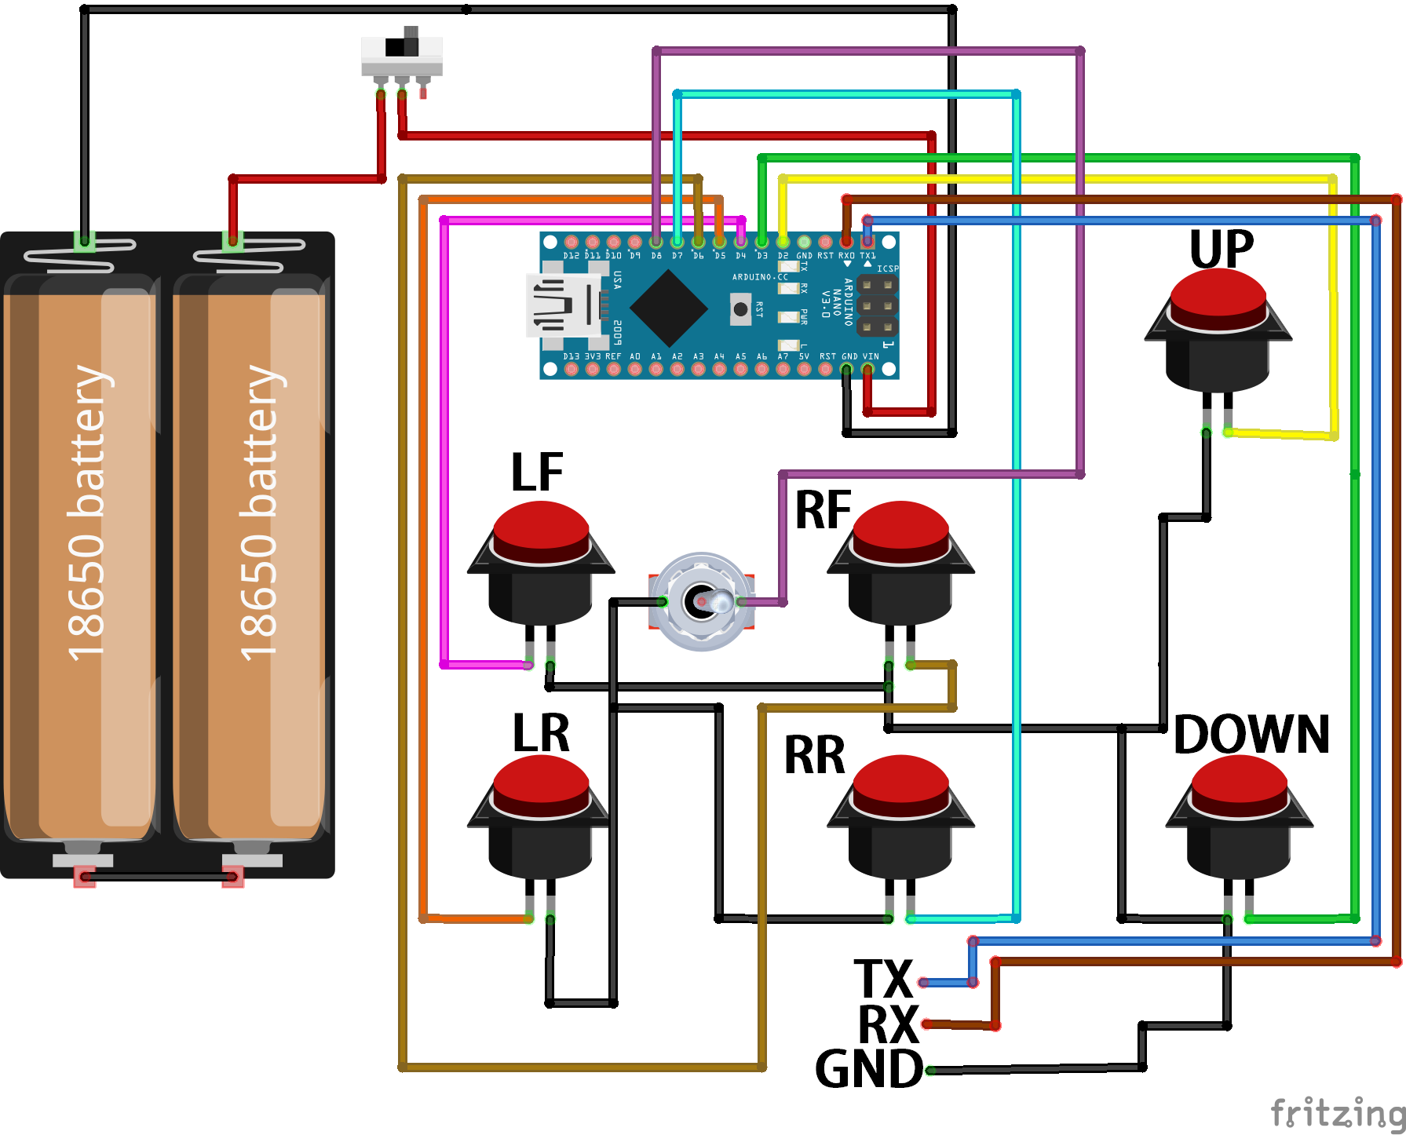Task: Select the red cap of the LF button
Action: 541,529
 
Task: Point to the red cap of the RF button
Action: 900,529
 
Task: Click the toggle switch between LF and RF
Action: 701,601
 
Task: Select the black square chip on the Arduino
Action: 668,308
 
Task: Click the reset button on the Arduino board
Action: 740,308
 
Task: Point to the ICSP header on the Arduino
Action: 877,305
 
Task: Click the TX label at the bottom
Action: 883,980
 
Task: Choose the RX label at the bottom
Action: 888,1024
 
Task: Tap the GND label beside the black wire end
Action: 869,1069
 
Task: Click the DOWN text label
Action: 1251,735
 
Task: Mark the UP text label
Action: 1222,250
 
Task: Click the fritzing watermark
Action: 1337,1113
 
